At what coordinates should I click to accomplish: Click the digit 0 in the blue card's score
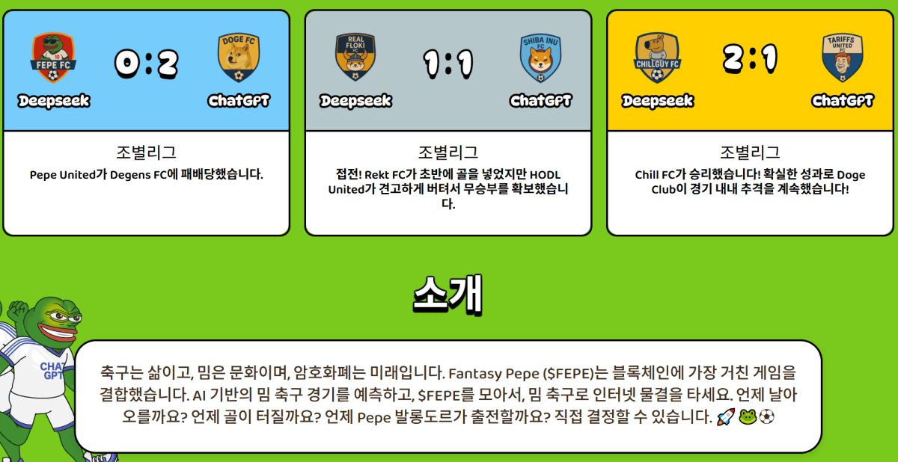coord(127,64)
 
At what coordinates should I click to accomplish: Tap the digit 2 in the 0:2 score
coord(168,64)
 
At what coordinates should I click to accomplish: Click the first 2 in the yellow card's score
coord(733,59)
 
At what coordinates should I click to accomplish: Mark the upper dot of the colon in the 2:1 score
coord(754,52)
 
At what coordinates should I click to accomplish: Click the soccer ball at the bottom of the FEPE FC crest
coord(53,76)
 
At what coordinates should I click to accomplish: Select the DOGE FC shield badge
coord(239,58)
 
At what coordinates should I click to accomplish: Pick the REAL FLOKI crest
coord(355,57)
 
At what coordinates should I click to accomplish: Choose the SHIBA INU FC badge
coord(540,58)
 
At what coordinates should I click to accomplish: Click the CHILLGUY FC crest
coord(657,58)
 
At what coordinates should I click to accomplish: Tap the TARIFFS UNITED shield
coord(843,58)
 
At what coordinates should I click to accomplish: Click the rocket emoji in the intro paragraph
coord(726,417)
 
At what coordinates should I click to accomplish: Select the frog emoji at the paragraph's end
coord(748,417)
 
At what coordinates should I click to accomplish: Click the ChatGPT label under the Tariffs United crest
coord(843,101)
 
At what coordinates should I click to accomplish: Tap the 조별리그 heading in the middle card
coord(448,153)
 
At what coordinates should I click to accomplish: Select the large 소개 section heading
coord(448,295)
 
